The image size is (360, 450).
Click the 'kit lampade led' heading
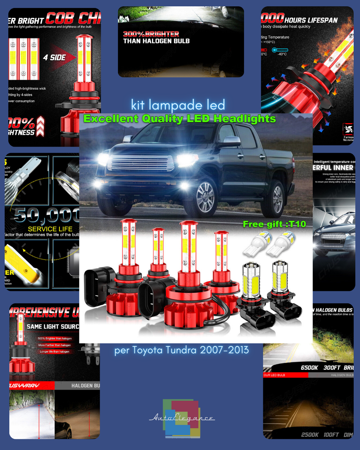[x=178, y=105]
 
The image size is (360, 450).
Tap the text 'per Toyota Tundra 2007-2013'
[x=181, y=350]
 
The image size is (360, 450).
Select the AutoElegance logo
[x=182, y=418]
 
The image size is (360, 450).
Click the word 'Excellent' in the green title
[x=111, y=119]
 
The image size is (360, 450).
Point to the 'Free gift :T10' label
[x=274, y=224]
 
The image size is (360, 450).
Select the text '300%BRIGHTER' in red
[x=151, y=34]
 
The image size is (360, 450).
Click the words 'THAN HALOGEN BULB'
[x=156, y=41]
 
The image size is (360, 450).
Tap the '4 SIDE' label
[x=54, y=58]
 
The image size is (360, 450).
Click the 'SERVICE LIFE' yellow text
[x=50, y=229]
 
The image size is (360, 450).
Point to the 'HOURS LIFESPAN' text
[x=311, y=20]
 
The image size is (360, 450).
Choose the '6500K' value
[x=309, y=368]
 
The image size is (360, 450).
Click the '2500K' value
[x=310, y=435]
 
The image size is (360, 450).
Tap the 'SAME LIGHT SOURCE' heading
[x=53, y=327]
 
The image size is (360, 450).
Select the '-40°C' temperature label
[x=282, y=54]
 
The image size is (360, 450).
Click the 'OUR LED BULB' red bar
[x=285, y=375]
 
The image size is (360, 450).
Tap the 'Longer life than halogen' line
[x=55, y=352]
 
